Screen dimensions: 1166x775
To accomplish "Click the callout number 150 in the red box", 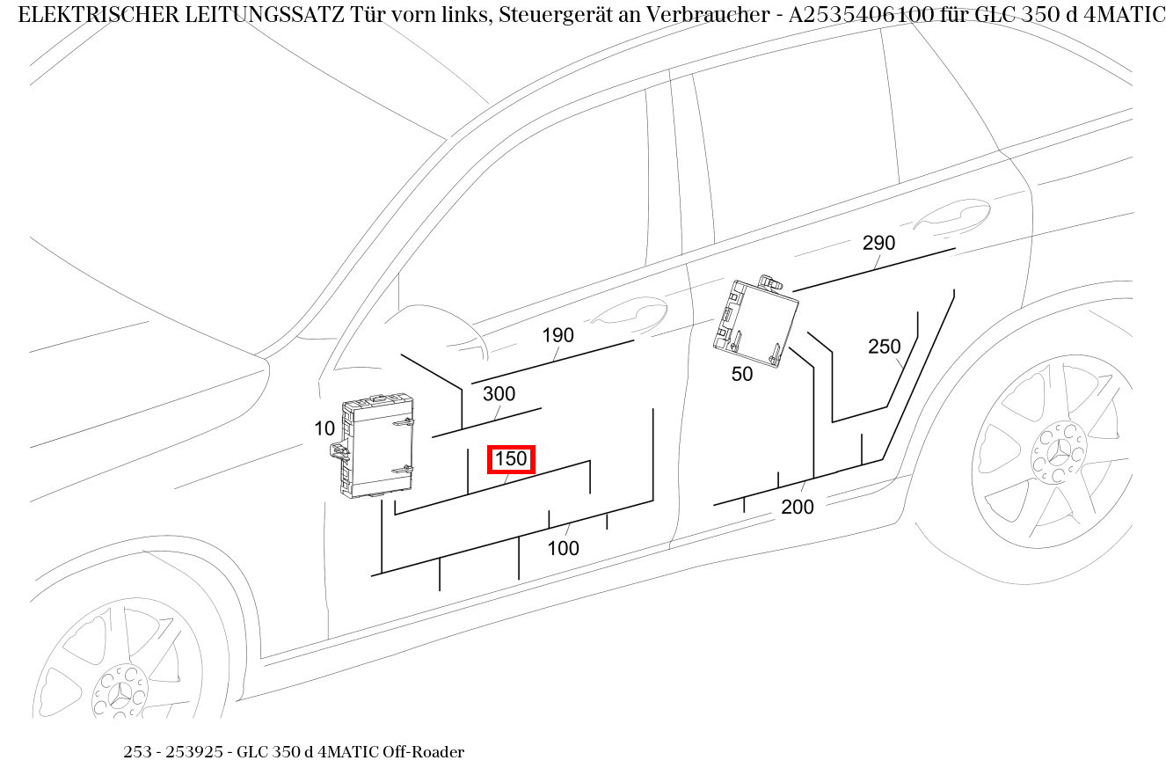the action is (x=511, y=459).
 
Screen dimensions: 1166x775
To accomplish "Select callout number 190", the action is (x=558, y=335).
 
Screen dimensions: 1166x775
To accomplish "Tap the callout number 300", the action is (x=499, y=394).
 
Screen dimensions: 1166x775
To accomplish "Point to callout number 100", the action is (x=564, y=548).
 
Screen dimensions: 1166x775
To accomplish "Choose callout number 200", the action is (x=797, y=507).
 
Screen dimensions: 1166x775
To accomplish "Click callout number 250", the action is (x=884, y=347).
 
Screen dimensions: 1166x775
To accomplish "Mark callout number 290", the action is (x=878, y=243).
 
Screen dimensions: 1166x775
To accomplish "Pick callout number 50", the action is (x=742, y=374).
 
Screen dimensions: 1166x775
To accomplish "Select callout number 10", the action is (x=324, y=428).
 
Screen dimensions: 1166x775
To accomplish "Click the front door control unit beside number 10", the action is (x=373, y=445).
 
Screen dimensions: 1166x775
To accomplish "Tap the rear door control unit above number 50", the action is (x=756, y=321).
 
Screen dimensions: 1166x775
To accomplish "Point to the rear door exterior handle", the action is (x=951, y=214).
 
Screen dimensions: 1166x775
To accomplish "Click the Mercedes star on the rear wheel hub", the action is (x=1058, y=452).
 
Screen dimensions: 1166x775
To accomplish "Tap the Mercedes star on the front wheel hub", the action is (x=120, y=693).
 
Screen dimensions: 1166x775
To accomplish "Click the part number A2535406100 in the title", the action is (x=861, y=15).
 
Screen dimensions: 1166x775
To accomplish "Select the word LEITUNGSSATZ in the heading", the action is (x=265, y=15).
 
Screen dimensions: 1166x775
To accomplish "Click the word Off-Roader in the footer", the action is (x=423, y=752).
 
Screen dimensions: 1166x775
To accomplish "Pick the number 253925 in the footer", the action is (x=194, y=752).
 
